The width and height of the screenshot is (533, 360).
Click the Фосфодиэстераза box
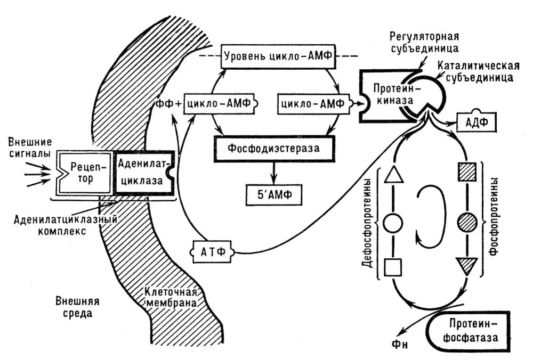[274, 146]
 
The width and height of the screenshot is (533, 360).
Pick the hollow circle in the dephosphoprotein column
[393, 220]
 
